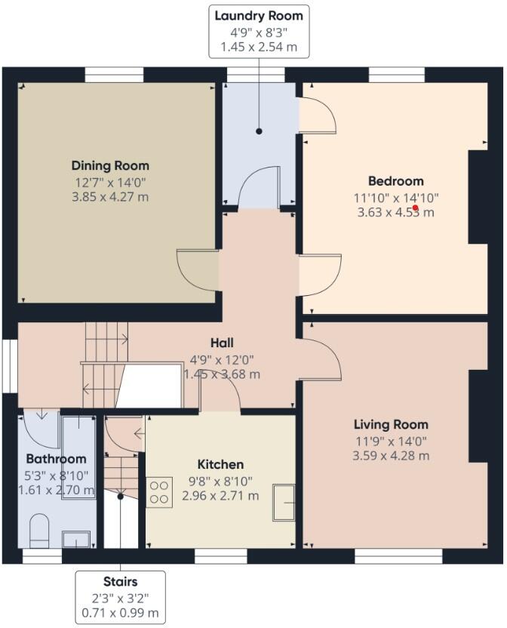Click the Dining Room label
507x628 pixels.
pyautogui.click(x=110, y=165)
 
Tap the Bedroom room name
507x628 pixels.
pyautogui.click(x=395, y=181)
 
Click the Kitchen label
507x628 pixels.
pyautogui.click(x=220, y=464)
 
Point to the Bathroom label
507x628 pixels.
pyautogui.click(x=56, y=458)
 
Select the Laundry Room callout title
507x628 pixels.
pyautogui.click(x=259, y=16)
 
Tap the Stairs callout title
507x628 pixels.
pyautogui.click(x=121, y=582)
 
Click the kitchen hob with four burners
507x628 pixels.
pyautogui.click(x=159, y=492)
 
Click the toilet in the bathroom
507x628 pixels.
pyautogui.click(x=39, y=531)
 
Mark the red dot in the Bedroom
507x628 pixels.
pyautogui.click(x=416, y=208)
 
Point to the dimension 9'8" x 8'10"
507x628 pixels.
pyautogui.click(x=220, y=480)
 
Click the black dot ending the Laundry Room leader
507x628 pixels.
pyautogui.click(x=259, y=131)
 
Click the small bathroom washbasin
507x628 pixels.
pyautogui.click(x=77, y=538)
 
